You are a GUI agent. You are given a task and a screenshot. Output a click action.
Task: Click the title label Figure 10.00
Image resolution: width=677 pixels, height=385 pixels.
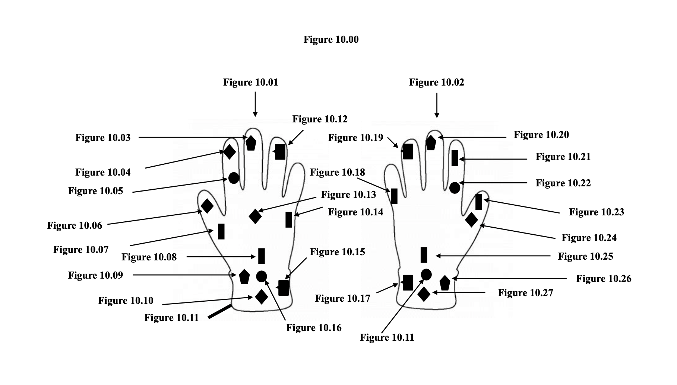tap(331, 40)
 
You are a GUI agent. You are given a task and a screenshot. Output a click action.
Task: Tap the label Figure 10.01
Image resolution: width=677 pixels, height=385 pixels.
tap(250, 83)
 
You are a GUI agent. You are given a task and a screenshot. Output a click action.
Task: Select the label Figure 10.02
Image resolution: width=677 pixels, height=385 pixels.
tap(436, 83)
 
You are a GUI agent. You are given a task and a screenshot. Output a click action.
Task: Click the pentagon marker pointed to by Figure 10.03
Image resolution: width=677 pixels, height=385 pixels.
tap(251, 143)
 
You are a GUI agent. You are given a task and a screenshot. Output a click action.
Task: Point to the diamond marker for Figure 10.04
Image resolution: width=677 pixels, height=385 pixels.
tap(229, 152)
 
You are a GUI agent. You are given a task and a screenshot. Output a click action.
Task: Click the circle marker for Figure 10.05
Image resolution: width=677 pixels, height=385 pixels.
tap(233, 178)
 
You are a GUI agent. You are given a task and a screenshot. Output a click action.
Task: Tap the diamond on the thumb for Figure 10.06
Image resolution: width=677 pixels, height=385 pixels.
tap(207, 206)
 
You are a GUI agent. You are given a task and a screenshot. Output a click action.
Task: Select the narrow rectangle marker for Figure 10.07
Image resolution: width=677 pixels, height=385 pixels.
tap(221, 231)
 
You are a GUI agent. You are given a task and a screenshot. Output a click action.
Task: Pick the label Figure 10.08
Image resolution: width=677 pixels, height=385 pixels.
tap(149, 257)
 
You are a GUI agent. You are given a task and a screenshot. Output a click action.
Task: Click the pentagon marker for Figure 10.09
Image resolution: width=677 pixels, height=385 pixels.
tap(244, 276)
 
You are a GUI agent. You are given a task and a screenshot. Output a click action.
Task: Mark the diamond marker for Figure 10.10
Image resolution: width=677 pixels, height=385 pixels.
tap(261, 296)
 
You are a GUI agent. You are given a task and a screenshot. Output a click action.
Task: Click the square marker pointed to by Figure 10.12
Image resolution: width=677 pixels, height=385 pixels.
tap(280, 152)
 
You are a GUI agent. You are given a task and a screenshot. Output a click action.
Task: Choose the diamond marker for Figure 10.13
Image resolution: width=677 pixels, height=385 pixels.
tap(255, 216)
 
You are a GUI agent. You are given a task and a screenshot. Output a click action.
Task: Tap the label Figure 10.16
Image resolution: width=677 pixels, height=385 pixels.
tap(314, 328)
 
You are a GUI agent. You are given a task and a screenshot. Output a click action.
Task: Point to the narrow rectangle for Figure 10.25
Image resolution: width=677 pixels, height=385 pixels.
tap(424, 255)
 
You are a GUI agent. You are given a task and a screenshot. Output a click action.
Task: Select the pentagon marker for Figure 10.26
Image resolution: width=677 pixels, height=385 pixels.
tap(445, 283)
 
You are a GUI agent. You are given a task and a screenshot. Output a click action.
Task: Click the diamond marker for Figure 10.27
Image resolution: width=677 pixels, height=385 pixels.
tap(424, 294)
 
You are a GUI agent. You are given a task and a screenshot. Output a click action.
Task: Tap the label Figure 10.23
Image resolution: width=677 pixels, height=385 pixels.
tap(596, 212)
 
